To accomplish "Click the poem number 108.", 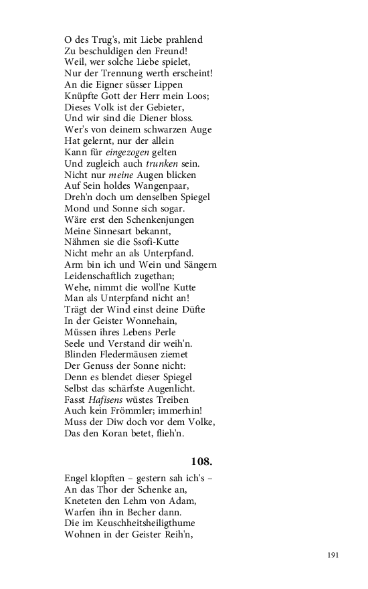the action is [201, 461].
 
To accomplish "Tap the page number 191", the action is [334, 555].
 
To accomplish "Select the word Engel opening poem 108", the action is [78, 479].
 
